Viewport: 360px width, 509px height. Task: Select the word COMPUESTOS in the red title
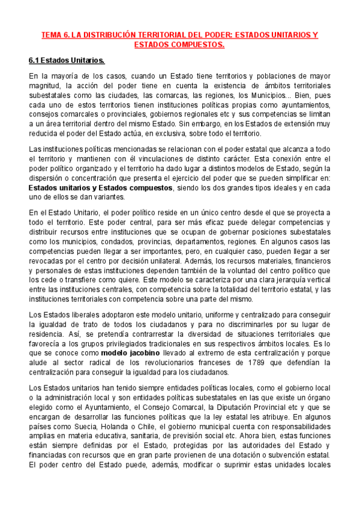(196, 45)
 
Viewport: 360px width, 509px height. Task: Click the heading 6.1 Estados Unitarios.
(67, 61)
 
